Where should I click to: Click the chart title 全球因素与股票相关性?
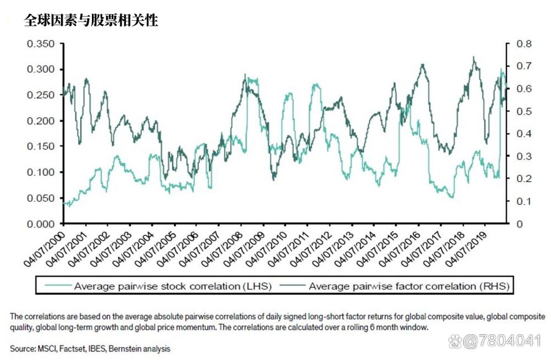[91, 20]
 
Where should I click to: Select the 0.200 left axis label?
[41, 121]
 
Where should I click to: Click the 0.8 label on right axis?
[524, 44]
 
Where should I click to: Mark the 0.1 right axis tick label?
[524, 201]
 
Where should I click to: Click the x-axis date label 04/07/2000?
[44, 249]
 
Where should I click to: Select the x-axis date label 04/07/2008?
[222, 249]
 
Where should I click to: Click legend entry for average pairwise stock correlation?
[159, 286]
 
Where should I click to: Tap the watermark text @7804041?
[502, 341]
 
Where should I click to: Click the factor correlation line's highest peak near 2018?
[474, 57]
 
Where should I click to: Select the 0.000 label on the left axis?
[41, 224]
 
